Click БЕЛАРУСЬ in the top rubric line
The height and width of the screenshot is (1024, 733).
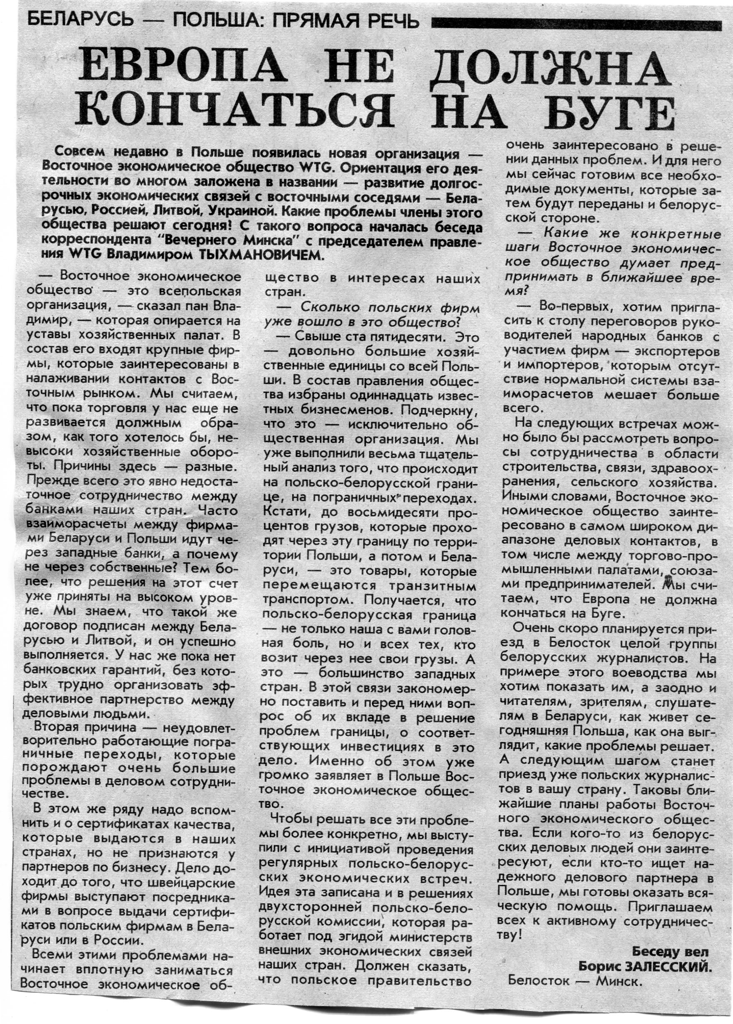(80, 20)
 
